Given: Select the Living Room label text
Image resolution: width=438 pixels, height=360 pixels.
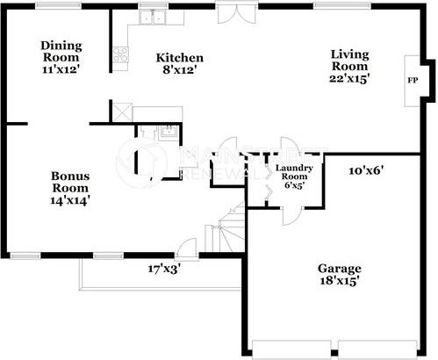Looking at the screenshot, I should point(349,60).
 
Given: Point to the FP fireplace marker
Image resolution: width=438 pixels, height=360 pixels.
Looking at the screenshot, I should point(413,80).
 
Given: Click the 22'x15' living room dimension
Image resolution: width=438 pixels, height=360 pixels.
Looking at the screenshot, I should point(349,78).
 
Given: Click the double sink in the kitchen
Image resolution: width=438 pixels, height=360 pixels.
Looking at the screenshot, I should point(155,17).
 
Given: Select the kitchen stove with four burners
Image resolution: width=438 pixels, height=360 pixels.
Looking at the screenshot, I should point(119,55).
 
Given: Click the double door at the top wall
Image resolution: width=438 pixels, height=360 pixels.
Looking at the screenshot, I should point(233,14).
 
